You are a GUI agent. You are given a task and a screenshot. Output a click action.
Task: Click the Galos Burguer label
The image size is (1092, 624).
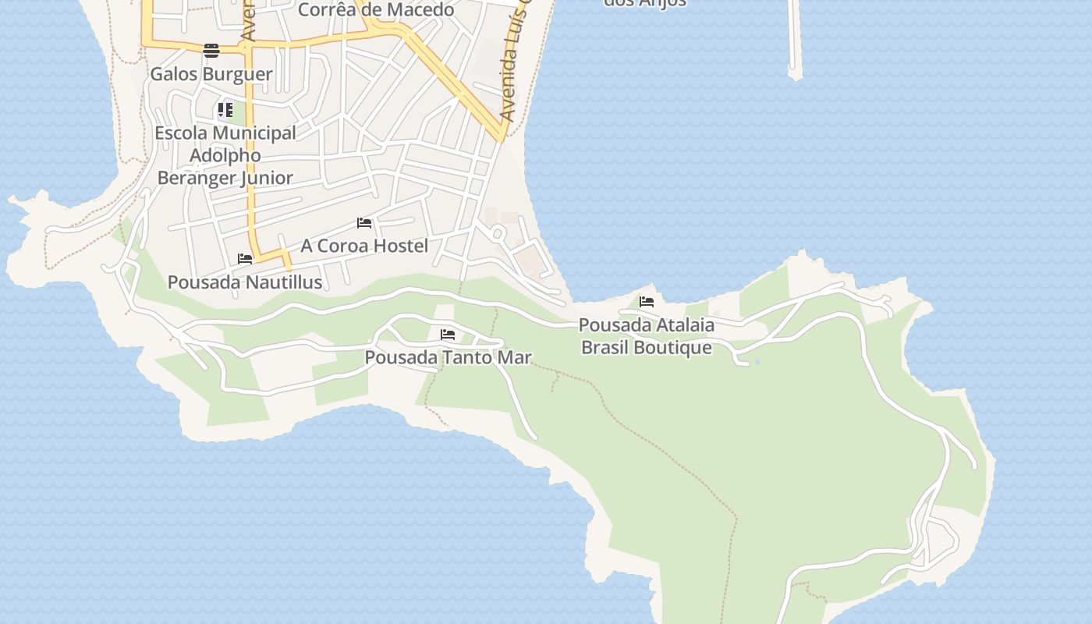211,74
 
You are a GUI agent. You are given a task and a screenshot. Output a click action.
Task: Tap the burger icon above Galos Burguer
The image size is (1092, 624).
211,51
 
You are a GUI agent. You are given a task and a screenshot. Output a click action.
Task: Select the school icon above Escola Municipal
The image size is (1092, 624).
225,110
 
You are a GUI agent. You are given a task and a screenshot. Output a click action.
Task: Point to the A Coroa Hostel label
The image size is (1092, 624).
364,246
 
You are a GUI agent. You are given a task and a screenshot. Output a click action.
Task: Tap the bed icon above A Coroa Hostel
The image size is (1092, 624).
364,223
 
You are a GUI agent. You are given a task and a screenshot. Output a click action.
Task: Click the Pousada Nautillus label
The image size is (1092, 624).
245,282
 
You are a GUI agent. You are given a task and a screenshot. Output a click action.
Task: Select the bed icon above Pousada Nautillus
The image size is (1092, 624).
245,259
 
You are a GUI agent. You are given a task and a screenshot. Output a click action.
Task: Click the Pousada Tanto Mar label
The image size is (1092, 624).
448,358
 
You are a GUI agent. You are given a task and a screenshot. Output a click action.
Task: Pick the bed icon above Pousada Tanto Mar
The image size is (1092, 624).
448,335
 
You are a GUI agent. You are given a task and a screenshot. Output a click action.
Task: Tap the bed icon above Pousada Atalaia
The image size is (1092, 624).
647,302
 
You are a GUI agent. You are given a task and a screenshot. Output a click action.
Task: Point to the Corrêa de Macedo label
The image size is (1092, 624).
376,10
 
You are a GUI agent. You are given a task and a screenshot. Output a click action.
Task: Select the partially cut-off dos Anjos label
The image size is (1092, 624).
645,3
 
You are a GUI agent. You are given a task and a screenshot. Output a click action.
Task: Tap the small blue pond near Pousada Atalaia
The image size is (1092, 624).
757,362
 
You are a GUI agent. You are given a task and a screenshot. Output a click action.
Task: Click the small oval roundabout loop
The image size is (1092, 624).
498,232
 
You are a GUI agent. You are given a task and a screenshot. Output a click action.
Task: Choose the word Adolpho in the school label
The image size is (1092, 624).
225,155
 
